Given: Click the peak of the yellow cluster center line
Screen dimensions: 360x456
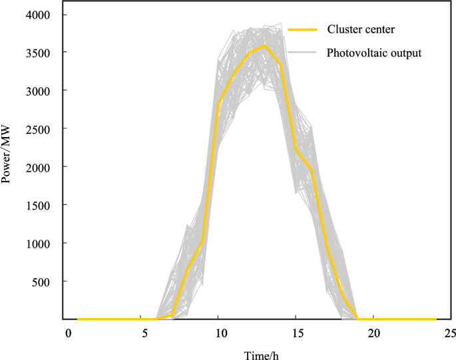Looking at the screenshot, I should coord(264,45).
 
